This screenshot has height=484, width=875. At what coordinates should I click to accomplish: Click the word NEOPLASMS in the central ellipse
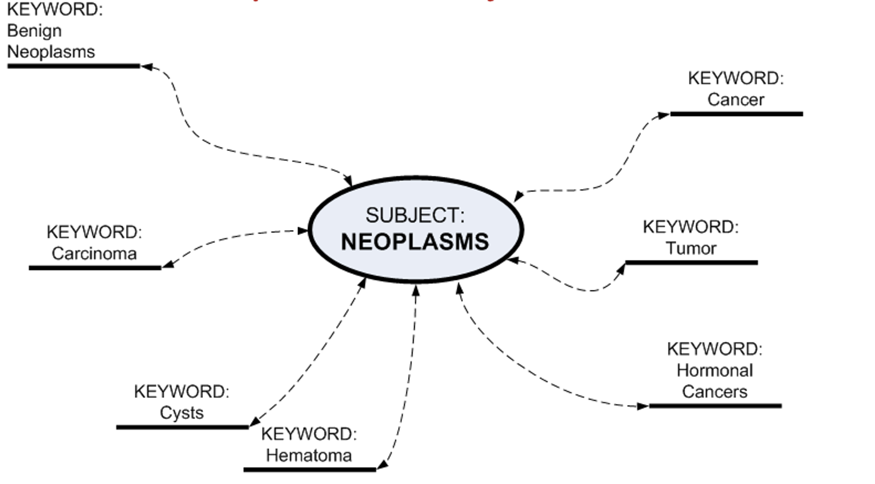point(415,242)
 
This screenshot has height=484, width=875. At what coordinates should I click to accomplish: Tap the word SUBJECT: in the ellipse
point(415,215)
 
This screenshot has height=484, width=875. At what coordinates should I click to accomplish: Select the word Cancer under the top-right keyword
point(736,100)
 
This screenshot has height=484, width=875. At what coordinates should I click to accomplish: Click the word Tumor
point(691,248)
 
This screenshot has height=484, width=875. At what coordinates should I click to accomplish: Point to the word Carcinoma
point(94,254)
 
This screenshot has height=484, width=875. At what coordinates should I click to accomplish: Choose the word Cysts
point(181,413)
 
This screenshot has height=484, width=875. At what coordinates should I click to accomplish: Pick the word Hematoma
point(309,456)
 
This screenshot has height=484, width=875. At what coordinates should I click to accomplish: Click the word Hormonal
point(714,371)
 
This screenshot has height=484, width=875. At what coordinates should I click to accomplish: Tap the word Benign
point(34,31)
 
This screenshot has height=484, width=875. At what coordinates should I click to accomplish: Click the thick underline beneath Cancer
point(736,114)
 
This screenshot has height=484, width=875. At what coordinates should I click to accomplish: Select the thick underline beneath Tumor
point(691,263)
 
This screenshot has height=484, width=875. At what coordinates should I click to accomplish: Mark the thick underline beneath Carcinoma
point(95,268)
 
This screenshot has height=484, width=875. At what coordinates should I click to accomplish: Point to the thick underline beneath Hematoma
point(309,469)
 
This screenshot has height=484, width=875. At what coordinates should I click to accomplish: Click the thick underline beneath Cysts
point(182,427)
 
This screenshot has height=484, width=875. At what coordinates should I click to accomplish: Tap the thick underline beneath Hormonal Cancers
point(715,406)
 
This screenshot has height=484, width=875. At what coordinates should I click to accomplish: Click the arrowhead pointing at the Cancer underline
point(664,115)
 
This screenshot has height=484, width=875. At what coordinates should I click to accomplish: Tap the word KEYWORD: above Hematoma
point(309,434)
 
